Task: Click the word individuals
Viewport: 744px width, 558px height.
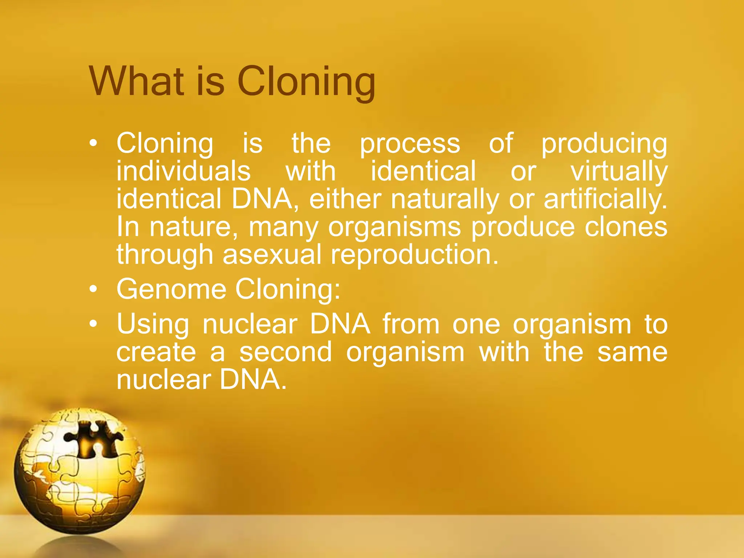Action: click(x=183, y=171)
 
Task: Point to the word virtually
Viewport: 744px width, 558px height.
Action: click(x=619, y=171)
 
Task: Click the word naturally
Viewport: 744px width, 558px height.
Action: click(x=445, y=199)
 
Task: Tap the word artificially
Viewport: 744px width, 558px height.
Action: click(x=605, y=199)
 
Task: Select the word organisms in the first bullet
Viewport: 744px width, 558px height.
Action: click(x=394, y=227)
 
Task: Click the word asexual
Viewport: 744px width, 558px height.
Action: click(x=272, y=254)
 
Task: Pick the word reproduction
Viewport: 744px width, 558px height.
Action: click(x=414, y=255)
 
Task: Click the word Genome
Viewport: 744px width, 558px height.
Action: click(x=171, y=289)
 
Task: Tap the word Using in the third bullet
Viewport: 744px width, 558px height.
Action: click(x=153, y=324)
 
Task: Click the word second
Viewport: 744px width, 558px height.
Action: click(x=286, y=352)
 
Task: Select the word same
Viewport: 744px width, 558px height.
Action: click(x=632, y=352)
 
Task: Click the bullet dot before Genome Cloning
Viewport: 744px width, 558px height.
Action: click(x=93, y=290)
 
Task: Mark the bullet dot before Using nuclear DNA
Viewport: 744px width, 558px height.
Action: click(x=93, y=324)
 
